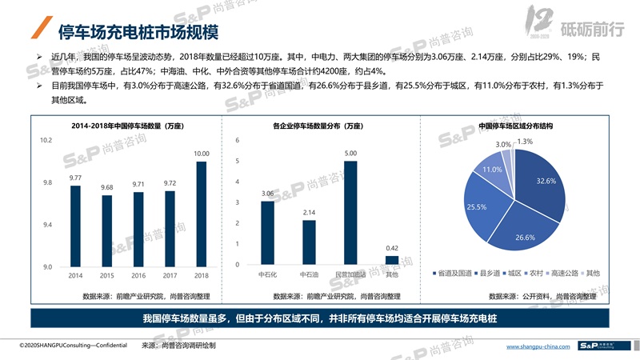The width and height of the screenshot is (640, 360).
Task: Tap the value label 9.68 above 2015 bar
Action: tap(107, 187)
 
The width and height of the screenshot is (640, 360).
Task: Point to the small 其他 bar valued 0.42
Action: tap(391, 260)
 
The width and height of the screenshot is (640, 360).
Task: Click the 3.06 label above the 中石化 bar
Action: tap(267, 194)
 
